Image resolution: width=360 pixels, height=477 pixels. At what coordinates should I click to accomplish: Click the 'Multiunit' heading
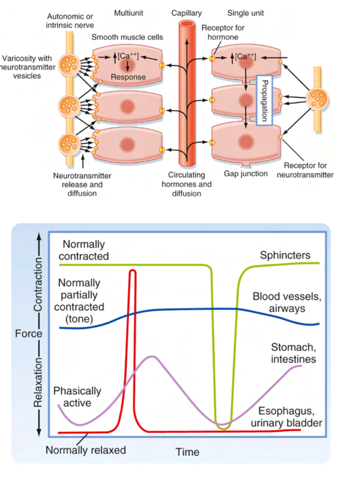pyautogui.click(x=128, y=13)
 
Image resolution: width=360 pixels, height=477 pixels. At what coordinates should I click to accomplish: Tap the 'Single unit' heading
pyautogui.click(x=245, y=13)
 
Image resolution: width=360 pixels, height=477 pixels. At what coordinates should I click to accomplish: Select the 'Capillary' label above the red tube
pyautogui.click(x=186, y=13)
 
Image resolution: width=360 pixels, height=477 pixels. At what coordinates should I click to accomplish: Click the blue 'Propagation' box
pyautogui.click(x=264, y=100)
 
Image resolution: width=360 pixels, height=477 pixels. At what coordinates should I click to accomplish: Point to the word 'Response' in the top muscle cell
pyautogui.click(x=128, y=77)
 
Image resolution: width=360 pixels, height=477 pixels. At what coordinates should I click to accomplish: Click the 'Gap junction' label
pyautogui.click(x=246, y=174)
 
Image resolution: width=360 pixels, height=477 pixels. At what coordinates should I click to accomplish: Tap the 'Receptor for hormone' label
pyautogui.click(x=223, y=32)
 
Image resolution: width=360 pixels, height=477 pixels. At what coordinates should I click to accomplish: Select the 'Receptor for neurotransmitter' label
pyautogui.click(x=305, y=170)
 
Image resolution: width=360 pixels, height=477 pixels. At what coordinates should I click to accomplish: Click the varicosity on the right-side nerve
pyautogui.click(x=317, y=99)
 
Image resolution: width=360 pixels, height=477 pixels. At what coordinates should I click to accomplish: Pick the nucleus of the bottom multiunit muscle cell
pyautogui.click(x=127, y=145)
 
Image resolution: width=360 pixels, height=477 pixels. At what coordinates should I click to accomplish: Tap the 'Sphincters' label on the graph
pyautogui.click(x=285, y=255)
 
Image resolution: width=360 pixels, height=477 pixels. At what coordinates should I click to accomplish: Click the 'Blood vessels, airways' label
pyautogui.click(x=286, y=303)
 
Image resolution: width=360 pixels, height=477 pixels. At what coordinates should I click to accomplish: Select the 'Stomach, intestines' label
pyautogui.click(x=293, y=353)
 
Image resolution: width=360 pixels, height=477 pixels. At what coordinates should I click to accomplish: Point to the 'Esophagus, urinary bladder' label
pyautogui.click(x=286, y=417)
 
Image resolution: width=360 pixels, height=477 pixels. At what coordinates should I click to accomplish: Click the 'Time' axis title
pyautogui.click(x=187, y=452)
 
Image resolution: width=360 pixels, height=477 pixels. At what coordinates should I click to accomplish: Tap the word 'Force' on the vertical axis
pyautogui.click(x=28, y=333)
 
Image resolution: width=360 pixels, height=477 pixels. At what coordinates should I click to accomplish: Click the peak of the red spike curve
pyautogui.click(x=132, y=270)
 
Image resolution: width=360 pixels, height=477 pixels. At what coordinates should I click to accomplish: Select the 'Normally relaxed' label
pyautogui.click(x=86, y=450)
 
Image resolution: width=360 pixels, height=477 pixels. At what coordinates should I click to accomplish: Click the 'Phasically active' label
pyautogui.click(x=77, y=397)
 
